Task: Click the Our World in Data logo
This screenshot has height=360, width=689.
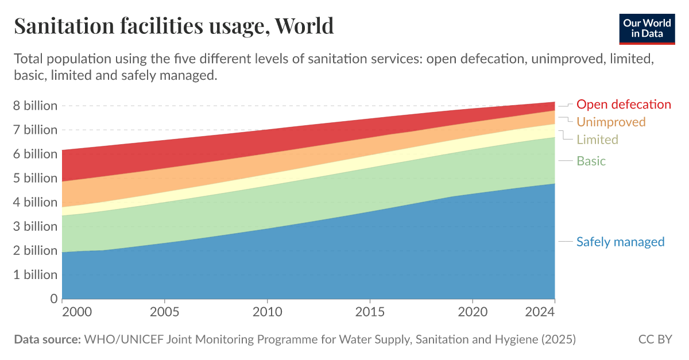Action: (x=647, y=27)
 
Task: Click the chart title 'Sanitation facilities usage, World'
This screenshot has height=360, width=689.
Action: (x=173, y=26)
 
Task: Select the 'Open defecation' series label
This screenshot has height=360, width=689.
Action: (x=623, y=104)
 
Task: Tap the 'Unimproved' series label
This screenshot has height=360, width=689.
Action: (x=611, y=122)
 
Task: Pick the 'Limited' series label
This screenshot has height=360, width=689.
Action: (x=597, y=140)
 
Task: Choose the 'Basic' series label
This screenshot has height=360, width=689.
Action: (x=591, y=161)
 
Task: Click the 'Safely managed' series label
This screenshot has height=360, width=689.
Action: (x=620, y=242)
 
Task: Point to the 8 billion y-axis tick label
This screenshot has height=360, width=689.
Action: (x=36, y=106)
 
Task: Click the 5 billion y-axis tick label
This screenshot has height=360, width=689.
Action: (x=36, y=178)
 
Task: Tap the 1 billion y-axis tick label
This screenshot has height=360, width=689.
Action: (x=36, y=275)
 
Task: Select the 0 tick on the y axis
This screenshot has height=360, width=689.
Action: (x=53, y=299)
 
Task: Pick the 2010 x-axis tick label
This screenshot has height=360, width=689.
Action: (x=268, y=312)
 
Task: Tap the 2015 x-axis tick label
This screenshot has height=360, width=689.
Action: (x=370, y=312)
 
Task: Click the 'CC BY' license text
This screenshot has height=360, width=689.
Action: (x=655, y=339)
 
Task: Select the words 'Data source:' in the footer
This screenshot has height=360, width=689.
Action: (x=47, y=339)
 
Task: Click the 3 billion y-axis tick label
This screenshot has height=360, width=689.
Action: (x=36, y=227)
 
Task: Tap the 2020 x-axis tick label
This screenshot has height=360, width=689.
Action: (x=472, y=312)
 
